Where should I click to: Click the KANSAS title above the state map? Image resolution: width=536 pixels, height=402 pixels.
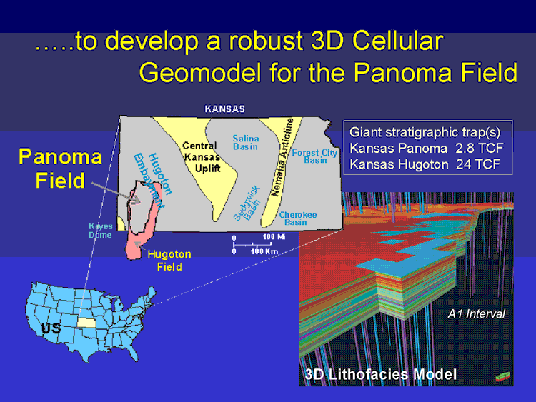224,109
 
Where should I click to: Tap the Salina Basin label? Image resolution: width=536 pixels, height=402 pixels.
245,142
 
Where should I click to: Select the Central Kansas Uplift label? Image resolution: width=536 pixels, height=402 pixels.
202,157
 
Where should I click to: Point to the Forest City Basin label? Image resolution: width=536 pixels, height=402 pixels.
314,156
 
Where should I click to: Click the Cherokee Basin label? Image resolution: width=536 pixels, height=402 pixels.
298,218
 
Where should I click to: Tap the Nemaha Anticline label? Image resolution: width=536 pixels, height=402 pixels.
282,157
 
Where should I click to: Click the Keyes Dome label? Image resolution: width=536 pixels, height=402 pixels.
100,231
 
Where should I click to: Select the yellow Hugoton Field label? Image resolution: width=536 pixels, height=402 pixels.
169,260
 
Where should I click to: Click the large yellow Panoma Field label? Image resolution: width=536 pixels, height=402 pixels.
60,169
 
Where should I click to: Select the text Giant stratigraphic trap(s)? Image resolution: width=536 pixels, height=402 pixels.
425,133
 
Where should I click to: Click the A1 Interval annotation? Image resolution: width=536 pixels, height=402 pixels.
476,313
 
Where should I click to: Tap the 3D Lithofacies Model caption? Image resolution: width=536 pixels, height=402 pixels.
380,374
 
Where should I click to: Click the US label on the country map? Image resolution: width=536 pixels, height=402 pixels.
51,328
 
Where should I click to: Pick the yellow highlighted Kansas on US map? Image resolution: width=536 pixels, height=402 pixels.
86,323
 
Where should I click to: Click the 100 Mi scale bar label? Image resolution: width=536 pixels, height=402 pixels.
274,236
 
